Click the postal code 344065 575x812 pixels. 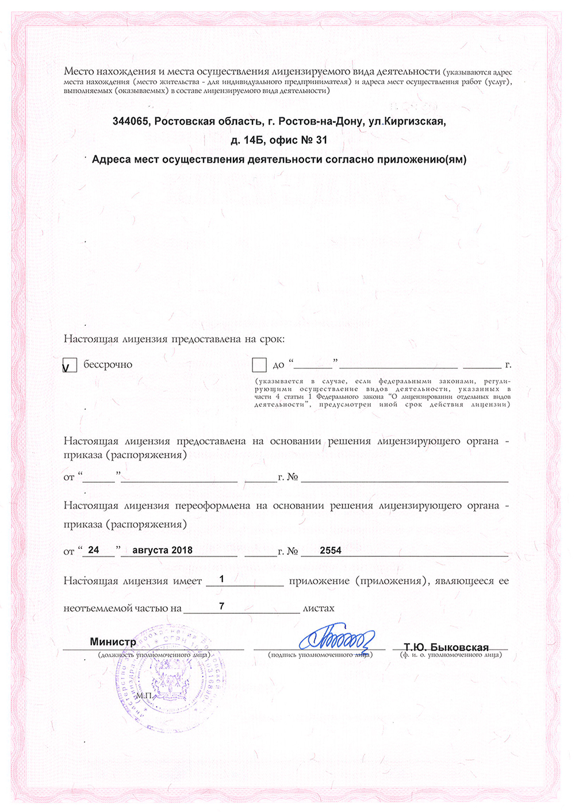(x=130, y=121)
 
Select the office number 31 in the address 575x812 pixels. (x=321, y=140)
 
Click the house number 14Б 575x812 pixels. (x=254, y=140)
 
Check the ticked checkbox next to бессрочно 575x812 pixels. (x=70, y=365)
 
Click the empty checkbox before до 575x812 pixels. (x=259, y=365)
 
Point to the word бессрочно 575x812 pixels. (x=108, y=364)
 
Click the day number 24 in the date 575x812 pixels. (x=93, y=550)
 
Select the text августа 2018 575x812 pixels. (x=162, y=550)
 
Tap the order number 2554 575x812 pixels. (x=331, y=550)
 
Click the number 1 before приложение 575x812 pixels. (x=221, y=579)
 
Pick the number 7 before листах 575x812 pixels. (x=221, y=606)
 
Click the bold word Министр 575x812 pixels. (x=113, y=642)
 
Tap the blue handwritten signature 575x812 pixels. (x=337, y=637)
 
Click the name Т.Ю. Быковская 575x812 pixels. (x=446, y=647)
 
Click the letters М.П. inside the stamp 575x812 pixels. (x=144, y=695)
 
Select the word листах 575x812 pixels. (x=319, y=608)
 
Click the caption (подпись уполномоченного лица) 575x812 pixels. (x=320, y=655)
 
